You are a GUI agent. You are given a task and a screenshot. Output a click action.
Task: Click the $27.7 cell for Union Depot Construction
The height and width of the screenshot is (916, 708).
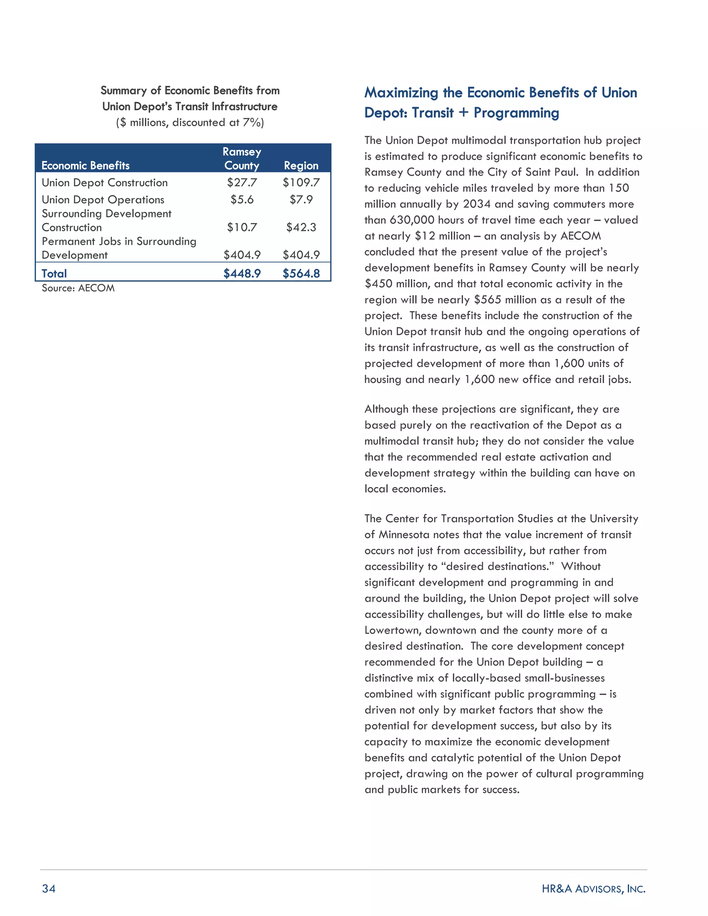(242, 183)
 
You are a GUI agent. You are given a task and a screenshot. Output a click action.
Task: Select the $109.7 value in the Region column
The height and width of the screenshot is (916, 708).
(301, 183)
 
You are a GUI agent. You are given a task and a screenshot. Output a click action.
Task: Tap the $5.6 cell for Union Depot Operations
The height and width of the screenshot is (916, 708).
(242, 200)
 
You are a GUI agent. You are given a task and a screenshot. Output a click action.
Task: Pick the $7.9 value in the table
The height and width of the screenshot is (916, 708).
(301, 200)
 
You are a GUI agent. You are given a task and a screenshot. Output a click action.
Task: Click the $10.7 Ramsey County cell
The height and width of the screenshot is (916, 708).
(242, 227)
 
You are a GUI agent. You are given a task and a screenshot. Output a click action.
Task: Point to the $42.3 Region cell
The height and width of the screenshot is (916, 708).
(301, 227)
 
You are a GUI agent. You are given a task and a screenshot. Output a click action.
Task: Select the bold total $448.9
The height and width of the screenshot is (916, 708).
(242, 273)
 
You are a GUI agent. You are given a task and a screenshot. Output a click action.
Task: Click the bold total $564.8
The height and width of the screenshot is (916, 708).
(301, 273)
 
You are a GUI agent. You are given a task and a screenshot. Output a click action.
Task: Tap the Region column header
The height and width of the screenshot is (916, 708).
(301, 166)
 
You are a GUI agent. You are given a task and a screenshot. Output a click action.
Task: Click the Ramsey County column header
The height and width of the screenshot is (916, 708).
(242, 159)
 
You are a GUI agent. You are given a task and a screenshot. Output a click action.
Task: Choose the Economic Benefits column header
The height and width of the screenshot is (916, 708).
(86, 166)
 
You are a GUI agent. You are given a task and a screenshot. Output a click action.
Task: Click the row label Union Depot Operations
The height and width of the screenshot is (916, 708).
(103, 200)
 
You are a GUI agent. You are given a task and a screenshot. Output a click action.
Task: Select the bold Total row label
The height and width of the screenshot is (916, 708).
(54, 273)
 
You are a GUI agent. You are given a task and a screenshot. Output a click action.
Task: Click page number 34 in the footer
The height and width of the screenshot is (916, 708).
(49, 888)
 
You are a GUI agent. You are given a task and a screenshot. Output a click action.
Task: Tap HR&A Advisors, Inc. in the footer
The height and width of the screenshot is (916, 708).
(593, 888)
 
